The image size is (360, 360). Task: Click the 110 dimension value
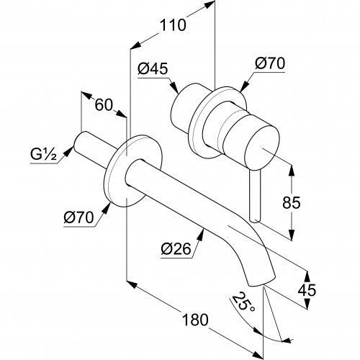pyautogui.click(x=173, y=25)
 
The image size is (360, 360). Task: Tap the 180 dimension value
pyautogui.click(x=195, y=320)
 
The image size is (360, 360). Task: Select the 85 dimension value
pyautogui.click(x=291, y=202)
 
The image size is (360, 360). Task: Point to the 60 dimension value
pyautogui.click(x=104, y=105)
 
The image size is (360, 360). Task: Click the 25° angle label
pyautogui.click(x=243, y=303)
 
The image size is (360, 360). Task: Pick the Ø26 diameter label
pyautogui.click(x=176, y=249)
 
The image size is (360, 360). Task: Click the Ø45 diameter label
pyautogui.click(x=153, y=69)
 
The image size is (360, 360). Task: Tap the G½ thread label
pyautogui.click(x=43, y=155)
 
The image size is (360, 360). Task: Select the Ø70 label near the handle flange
pyautogui.click(x=270, y=63)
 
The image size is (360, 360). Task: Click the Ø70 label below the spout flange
pyautogui.click(x=78, y=217)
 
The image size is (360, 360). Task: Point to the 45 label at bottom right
pyautogui.click(x=307, y=290)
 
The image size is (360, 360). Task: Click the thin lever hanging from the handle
pyautogui.click(x=255, y=197)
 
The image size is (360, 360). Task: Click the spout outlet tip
pyautogui.click(x=261, y=282)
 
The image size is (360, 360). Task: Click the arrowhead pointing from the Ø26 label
pyautogui.click(x=202, y=234)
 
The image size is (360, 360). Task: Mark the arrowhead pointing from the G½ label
pyautogui.click(x=69, y=151)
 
